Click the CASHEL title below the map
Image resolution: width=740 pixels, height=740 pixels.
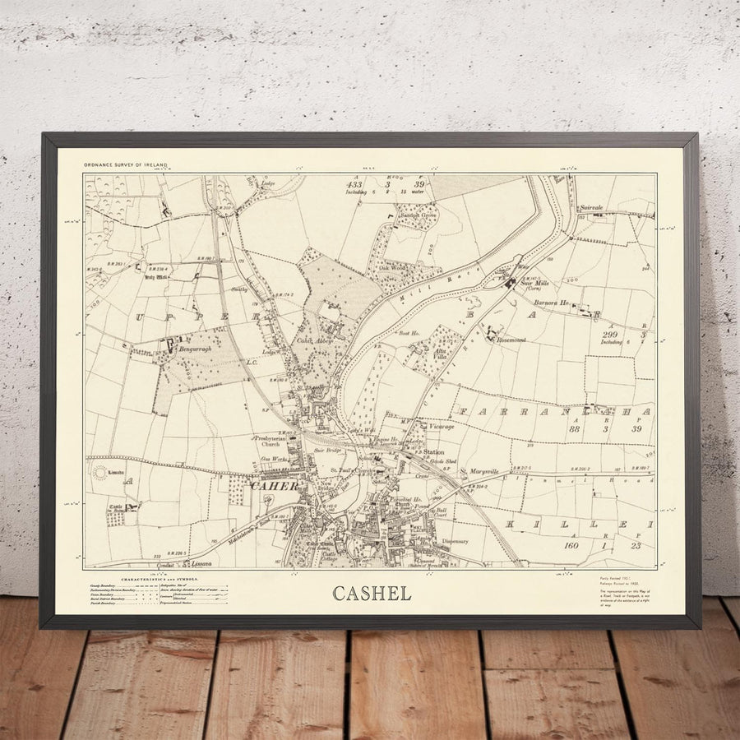[x=372, y=594]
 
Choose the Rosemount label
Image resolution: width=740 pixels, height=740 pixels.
[x=511, y=338]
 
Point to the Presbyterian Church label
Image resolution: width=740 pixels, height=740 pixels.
[x=271, y=441]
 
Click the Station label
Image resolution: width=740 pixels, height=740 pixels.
[x=433, y=452]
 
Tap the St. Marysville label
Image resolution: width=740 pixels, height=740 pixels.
[x=479, y=472]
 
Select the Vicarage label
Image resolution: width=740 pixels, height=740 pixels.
[x=441, y=427]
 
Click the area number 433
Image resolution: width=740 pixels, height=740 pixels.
[x=354, y=186]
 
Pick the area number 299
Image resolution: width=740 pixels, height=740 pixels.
[x=608, y=335]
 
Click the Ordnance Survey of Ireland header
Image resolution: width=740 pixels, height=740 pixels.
[x=125, y=165]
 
